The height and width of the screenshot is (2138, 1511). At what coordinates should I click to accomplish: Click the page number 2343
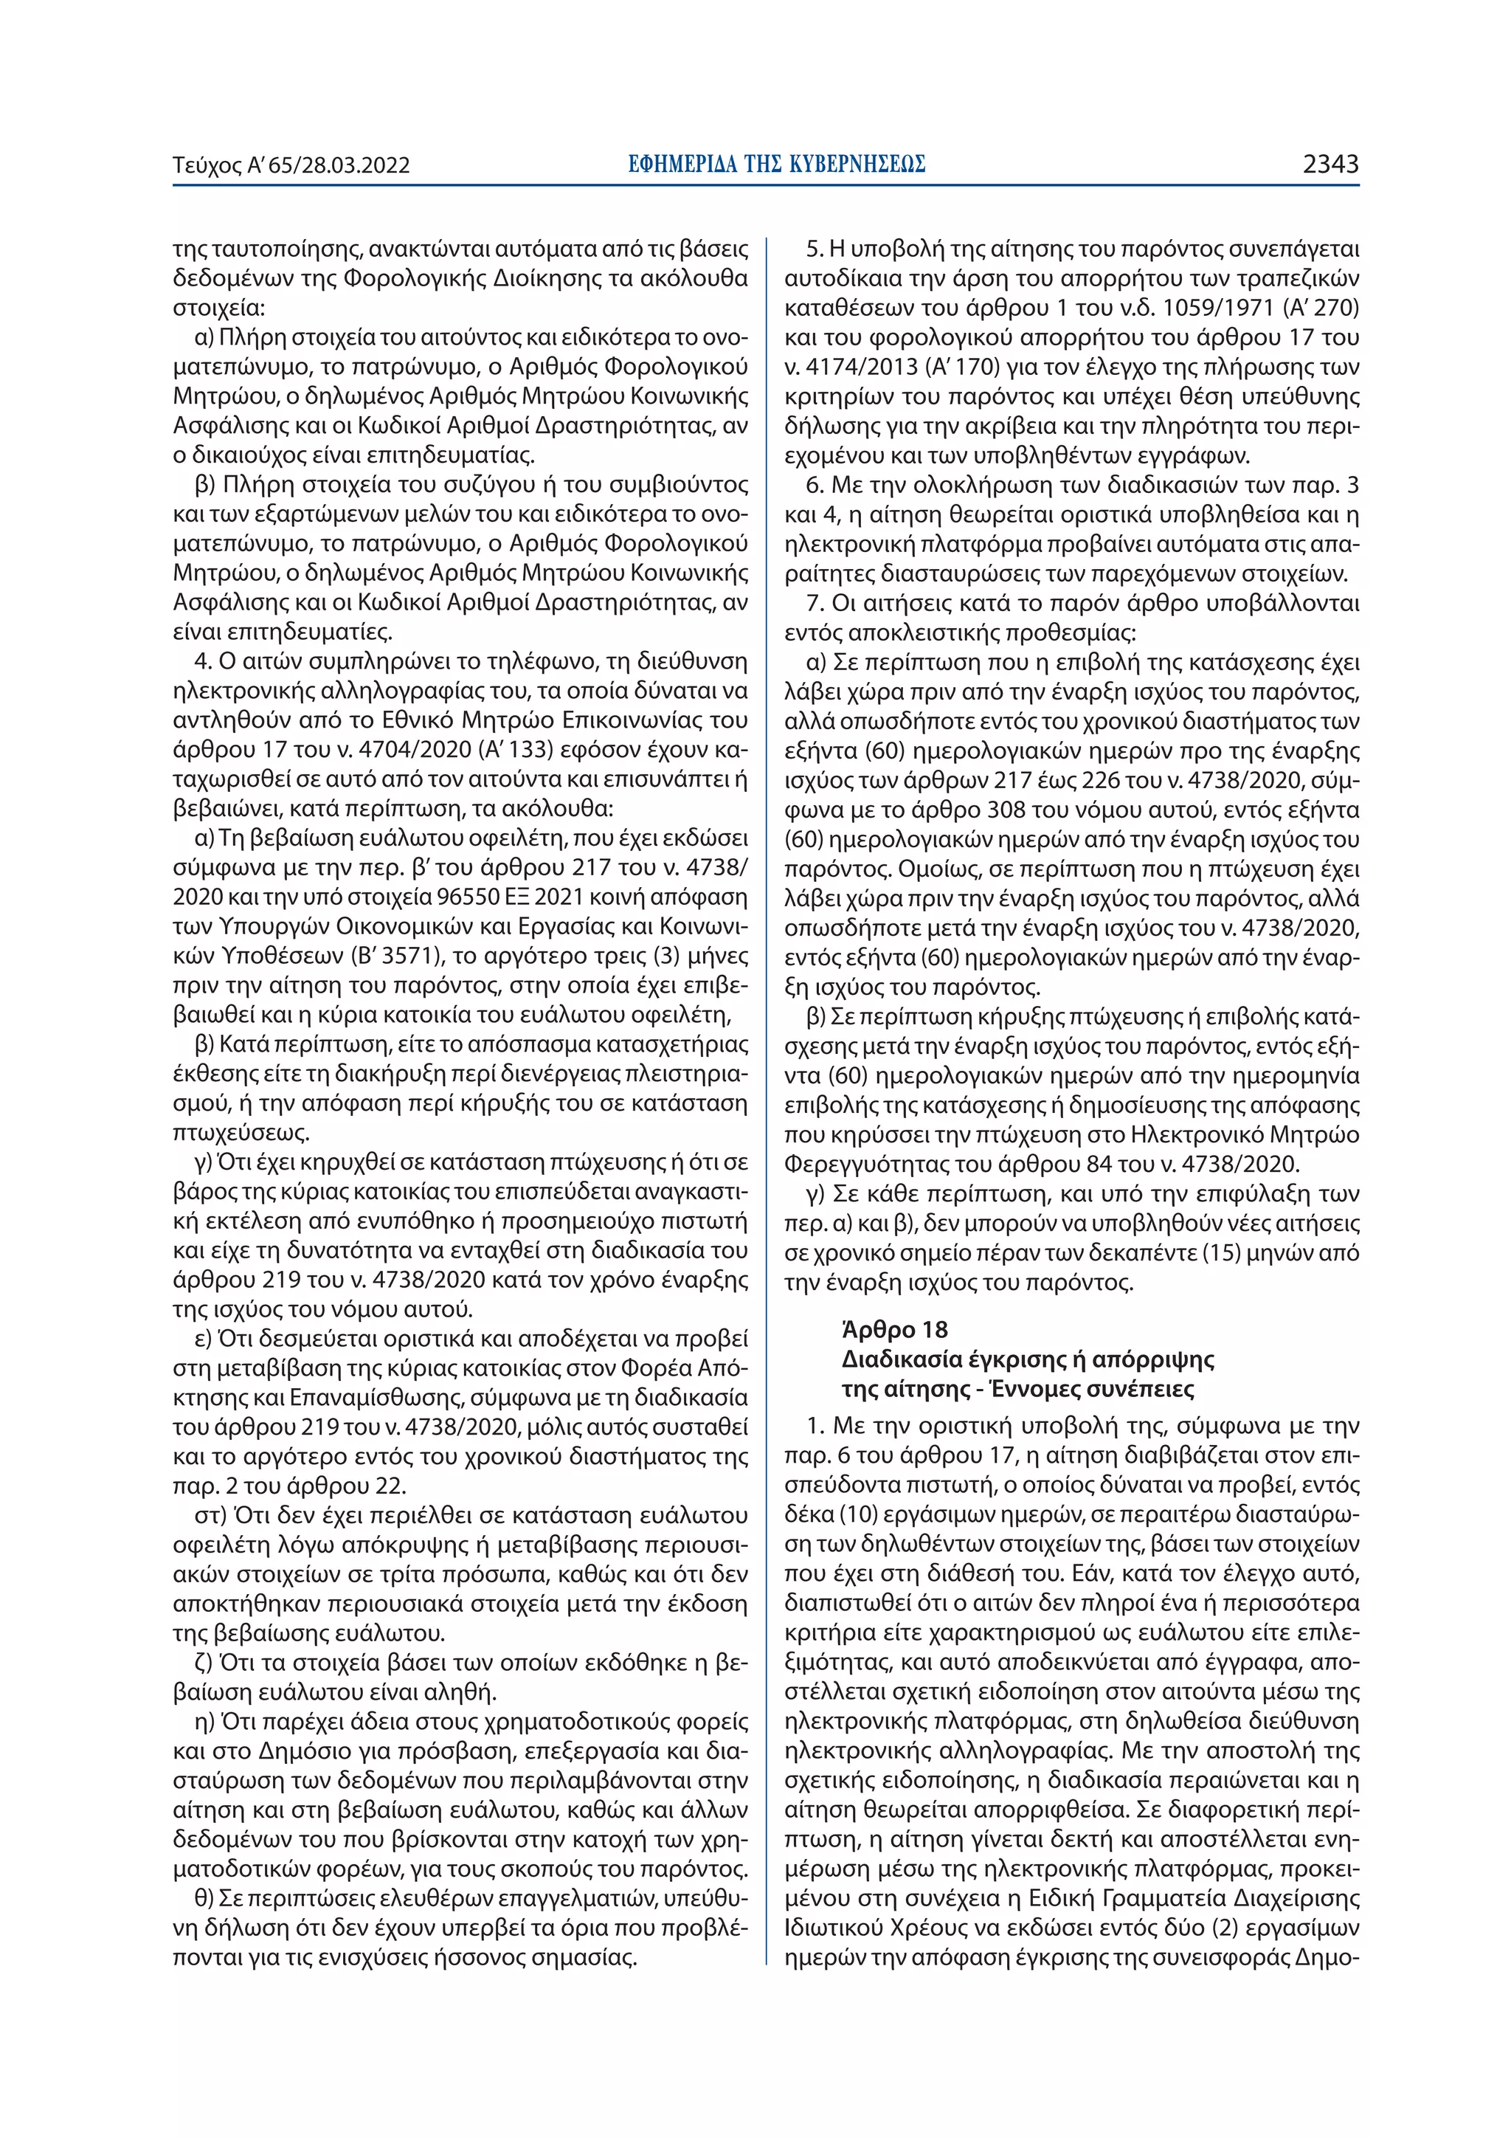click(x=1330, y=165)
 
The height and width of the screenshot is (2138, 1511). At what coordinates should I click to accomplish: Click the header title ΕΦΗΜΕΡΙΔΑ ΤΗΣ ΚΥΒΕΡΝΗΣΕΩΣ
click(x=775, y=165)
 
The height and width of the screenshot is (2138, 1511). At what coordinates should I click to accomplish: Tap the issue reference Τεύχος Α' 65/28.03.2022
click(x=291, y=166)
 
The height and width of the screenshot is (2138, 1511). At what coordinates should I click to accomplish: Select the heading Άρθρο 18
click(x=881, y=1329)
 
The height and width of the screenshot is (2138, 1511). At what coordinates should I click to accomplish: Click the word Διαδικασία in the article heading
click(x=896, y=1359)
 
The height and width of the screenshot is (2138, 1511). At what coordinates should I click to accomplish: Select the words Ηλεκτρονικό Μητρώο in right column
click(x=1245, y=1134)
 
